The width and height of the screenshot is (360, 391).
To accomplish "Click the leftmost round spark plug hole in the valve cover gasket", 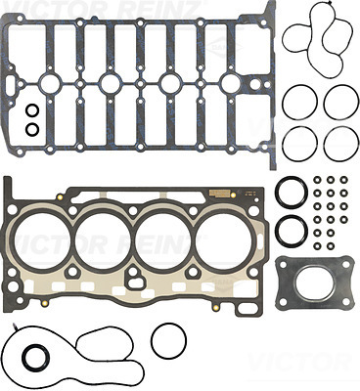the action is [x=50, y=83].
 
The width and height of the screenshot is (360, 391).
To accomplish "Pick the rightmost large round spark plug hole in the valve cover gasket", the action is [x=231, y=83].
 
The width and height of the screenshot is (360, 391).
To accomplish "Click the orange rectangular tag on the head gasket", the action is [x=220, y=193].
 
